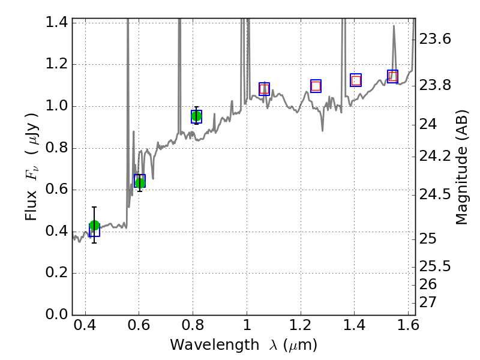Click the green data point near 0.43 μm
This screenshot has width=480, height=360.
click(x=94, y=226)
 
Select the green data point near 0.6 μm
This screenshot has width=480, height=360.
click(x=140, y=182)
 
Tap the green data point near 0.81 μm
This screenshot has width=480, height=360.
click(x=196, y=116)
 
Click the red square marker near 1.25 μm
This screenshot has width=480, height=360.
click(x=316, y=86)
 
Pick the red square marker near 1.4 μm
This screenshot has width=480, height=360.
click(x=356, y=80)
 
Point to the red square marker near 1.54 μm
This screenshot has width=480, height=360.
click(x=393, y=76)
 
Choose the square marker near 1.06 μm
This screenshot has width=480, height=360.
click(x=264, y=89)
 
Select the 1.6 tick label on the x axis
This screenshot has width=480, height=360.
click(x=407, y=327)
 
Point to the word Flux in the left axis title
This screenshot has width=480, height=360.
click(x=32, y=204)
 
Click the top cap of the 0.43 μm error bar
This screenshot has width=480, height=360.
click(x=94, y=207)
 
